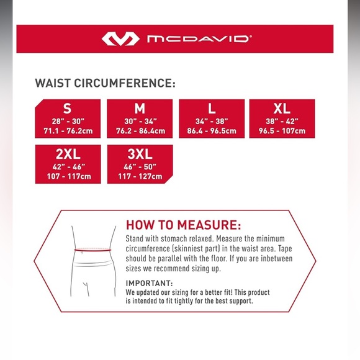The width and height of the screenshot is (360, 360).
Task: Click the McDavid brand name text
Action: click(199, 38)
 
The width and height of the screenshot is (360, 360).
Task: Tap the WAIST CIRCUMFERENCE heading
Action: click(105, 83)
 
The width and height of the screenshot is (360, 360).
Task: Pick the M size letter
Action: click(140, 108)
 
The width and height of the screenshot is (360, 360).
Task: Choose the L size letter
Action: click(212, 108)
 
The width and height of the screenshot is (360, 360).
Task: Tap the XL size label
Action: click(282, 108)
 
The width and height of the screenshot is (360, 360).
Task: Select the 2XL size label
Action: click(68, 154)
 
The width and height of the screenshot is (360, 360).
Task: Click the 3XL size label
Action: click(140, 154)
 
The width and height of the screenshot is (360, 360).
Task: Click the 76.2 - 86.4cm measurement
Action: click(140, 130)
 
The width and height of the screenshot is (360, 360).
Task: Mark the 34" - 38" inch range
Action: click(212, 120)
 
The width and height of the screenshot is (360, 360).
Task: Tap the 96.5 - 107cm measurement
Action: click(282, 130)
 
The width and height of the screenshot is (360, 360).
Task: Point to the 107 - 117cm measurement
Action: click(68, 176)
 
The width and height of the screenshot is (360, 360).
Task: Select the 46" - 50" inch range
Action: click(140, 166)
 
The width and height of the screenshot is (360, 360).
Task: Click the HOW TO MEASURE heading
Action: click(183, 225)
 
